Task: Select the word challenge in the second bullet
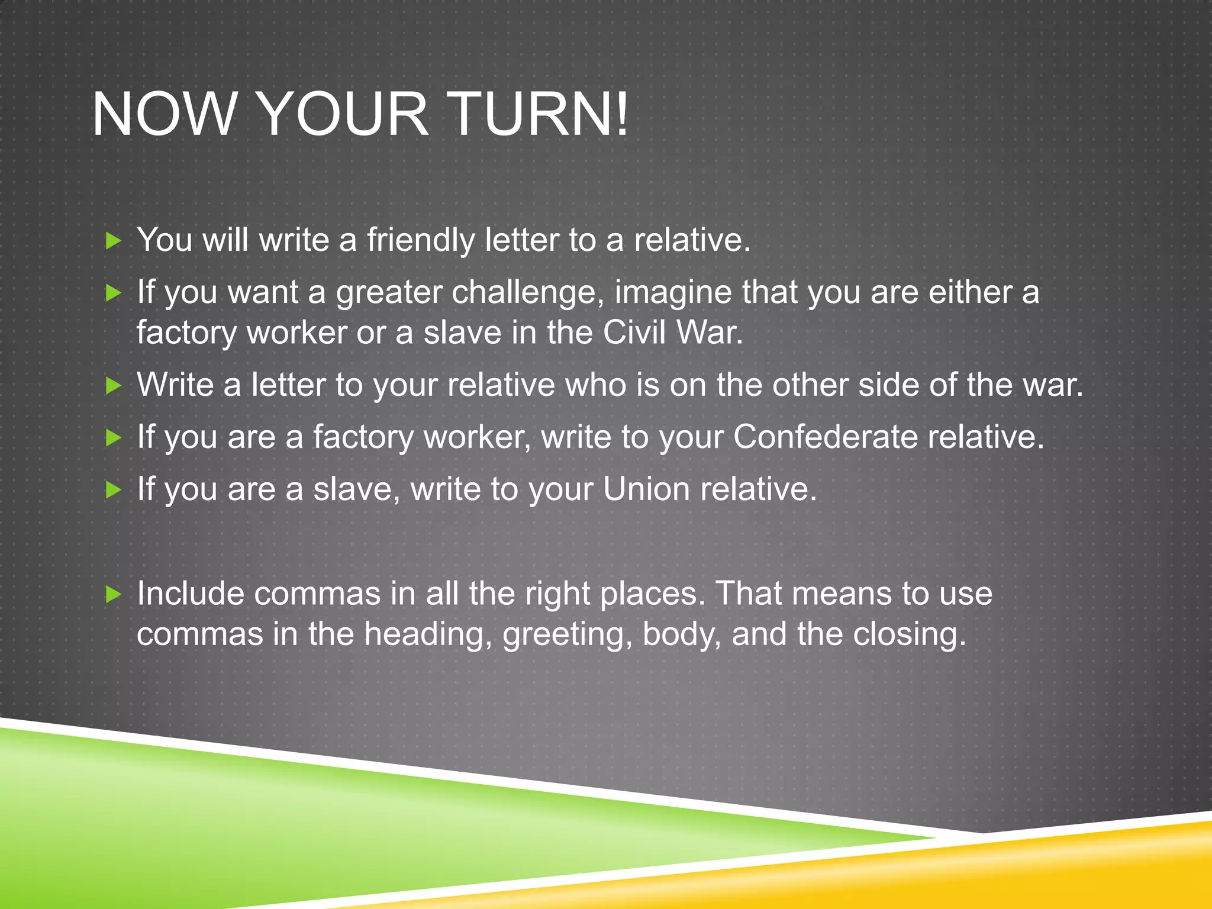(x=527, y=293)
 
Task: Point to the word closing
(x=909, y=634)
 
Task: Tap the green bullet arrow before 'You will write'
(x=113, y=241)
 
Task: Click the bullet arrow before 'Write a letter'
(x=113, y=386)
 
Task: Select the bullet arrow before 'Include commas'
(x=113, y=594)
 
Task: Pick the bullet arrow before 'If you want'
(x=113, y=293)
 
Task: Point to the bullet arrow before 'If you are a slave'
(x=113, y=490)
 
